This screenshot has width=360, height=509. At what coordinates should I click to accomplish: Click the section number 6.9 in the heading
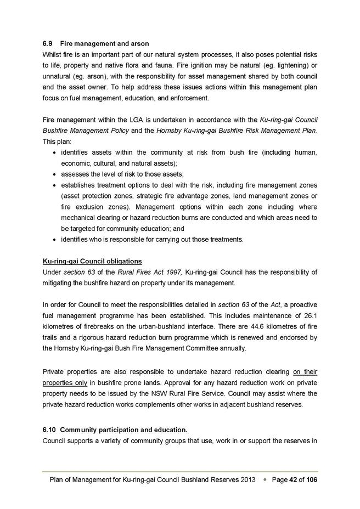48,43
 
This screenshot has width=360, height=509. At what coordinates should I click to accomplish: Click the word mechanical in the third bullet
79,218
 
